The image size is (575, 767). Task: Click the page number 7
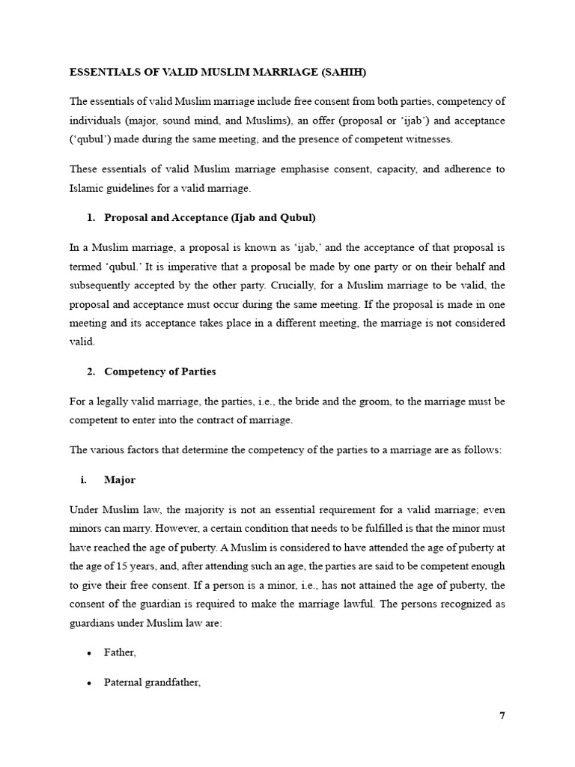(x=502, y=715)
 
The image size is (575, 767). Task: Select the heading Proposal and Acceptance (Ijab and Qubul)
(x=210, y=217)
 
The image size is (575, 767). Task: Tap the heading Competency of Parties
(x=160, y=372)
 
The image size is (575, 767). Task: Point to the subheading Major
(x=120, y=479)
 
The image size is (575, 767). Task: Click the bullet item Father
(x=120, y=652)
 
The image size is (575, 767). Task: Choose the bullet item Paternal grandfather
(x=153, y=682)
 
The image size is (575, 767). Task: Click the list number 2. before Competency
(x=91, y=372)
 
